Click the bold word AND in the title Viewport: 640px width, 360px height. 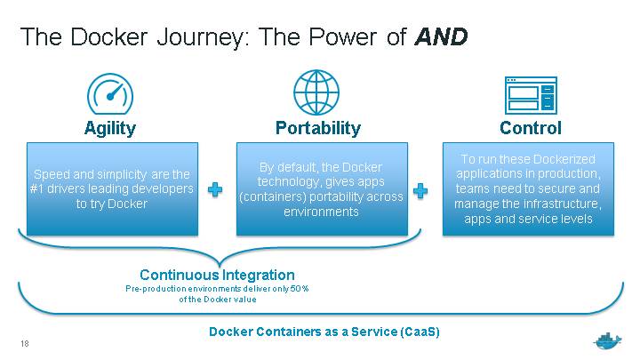click(442, 37)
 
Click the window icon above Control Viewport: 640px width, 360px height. click(530, 94)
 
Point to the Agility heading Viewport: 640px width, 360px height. click(109, 128)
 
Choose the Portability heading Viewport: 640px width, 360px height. click(318, 128)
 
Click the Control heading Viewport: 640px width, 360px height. click(530, 128)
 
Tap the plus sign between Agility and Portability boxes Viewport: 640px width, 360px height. click(214, 190)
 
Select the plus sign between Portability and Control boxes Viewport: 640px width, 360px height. click(420, 190)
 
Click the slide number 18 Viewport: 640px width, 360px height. click(24, 343)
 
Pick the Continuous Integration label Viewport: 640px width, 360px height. click(217, 275)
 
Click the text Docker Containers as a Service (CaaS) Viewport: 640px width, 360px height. click(324, 332)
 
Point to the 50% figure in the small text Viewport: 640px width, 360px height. click(300, 289)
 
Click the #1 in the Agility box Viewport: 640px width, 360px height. click(41, 189)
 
